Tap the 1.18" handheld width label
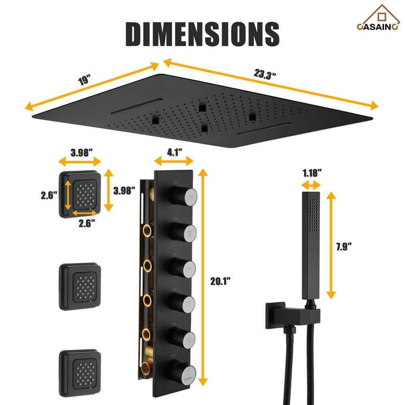311,173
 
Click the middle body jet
80,286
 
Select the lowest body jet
80,367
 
